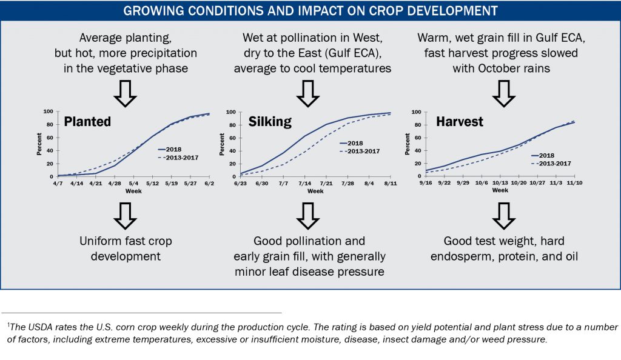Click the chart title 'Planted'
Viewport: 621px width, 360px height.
point(88,122)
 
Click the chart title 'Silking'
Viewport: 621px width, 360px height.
point(270,122)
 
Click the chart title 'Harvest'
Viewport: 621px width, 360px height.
point(460,122)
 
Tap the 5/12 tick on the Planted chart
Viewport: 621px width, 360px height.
point(153,184)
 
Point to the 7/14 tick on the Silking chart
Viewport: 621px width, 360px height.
point(305,184)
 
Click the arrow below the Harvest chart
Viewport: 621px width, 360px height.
point(503,212)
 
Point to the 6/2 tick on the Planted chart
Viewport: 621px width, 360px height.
point(210,184)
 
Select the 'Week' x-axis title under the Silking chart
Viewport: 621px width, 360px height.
point(315,191)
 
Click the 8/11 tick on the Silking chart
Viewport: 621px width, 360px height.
point(391,184)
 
